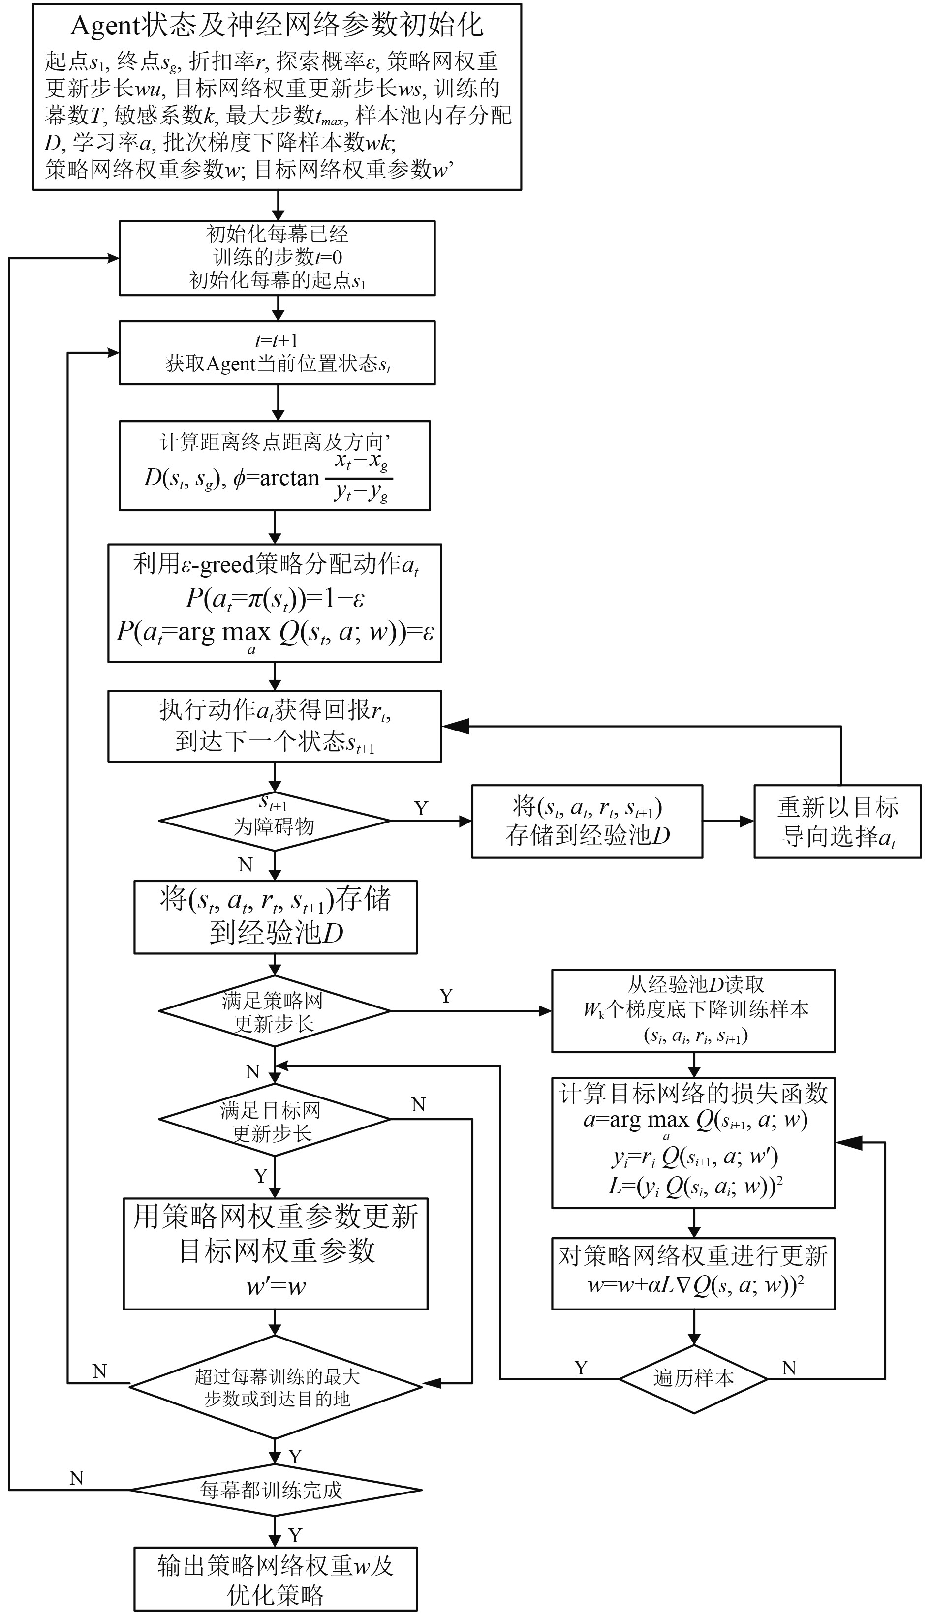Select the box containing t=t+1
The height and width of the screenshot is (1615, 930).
pos(277,353)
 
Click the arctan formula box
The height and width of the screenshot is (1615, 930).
pos(275,465)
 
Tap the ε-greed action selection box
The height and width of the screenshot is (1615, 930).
pos(275,603)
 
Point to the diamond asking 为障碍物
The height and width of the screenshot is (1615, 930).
pos(275,821)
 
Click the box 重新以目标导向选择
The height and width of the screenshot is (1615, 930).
pos(837,821)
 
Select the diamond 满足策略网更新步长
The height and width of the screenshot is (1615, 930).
pos(275,1011)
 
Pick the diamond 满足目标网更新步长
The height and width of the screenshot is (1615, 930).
pos(275,1119)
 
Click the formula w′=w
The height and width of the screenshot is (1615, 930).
pos(276,1285)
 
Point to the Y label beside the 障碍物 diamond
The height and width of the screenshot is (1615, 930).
pos(421,808)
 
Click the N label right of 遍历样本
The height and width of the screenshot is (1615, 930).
pos(789,1367)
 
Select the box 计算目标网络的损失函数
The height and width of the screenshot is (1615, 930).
pos(693,1142)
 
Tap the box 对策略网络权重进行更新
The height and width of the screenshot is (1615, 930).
pos(693,1273)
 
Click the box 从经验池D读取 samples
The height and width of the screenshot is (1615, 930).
pos(693,1011)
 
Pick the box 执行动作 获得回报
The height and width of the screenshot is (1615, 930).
pos(275,726)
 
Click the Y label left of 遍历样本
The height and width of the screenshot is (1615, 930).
pos(581,1367)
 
